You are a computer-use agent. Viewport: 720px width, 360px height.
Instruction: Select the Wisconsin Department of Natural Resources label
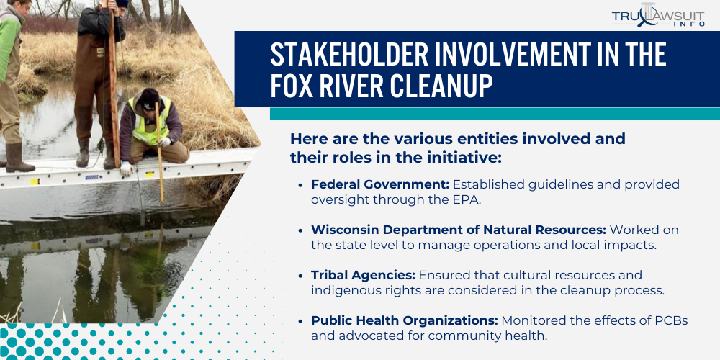(459, 230)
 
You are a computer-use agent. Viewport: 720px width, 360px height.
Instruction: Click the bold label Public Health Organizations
(404, 320)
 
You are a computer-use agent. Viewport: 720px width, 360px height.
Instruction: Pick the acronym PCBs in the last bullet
(669, 320)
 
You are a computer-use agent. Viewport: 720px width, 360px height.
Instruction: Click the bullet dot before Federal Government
(300, 185)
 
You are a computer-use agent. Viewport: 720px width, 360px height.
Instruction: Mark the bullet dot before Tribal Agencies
(300, 276)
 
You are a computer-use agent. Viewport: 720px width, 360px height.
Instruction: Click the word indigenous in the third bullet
(342, 290)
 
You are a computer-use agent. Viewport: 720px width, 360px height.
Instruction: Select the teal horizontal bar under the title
(494, 114)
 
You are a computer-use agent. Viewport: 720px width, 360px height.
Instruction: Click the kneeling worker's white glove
(127, 168)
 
